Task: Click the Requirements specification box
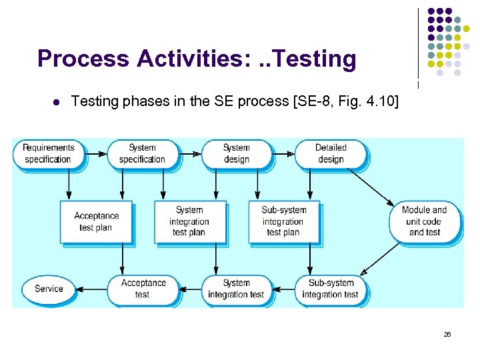coord(48,153)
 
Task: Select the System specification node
coord(142,153)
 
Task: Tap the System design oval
coord(236,153)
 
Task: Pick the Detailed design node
coord(331,153)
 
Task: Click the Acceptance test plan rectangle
coord(96,221)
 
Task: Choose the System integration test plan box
coord(189,221)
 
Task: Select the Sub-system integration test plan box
coord(283,221)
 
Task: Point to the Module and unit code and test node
coord(425,221)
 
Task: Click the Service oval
coord(48,289)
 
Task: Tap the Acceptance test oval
coord(142,289)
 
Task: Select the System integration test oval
coord(236,289)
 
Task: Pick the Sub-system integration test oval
coord(331,289)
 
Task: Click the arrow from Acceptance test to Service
coord(91,289)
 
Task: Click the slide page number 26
coord(447,334)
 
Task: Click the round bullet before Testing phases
coord(56,102)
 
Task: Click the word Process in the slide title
coord(84,59)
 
